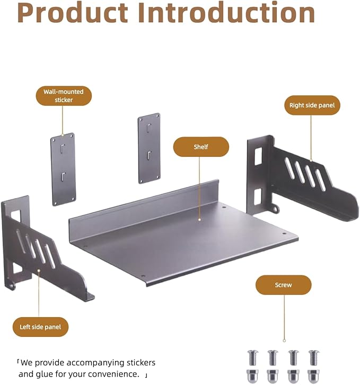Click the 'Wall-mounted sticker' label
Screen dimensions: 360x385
(x=64, y=96)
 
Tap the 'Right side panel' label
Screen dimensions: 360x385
(x=312, y=105)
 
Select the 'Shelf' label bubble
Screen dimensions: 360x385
(x=201, y=147)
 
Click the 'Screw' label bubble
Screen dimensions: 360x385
(x=283, y=285)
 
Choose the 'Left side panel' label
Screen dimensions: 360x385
(x=40, y=327)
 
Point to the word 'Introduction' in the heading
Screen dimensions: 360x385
(x=226, y=12)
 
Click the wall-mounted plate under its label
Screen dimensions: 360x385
(x=63, y=169)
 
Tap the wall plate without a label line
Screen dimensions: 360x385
(x=150, y=148)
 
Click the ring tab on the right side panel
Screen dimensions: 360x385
(x=276, y=209)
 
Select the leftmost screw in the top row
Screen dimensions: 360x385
(x=252, y=357)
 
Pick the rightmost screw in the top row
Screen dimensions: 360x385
(x=313, y=357)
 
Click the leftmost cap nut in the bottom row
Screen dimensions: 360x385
(x=252, y=376)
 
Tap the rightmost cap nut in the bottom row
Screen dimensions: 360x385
(x=313, y=376)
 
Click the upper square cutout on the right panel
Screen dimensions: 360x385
(x=258, y=156)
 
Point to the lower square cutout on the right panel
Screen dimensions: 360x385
(x=258, y=196)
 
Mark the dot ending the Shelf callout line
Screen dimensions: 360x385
(x=199, y=220)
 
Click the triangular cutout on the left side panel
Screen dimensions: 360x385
(x=17, y=268)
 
